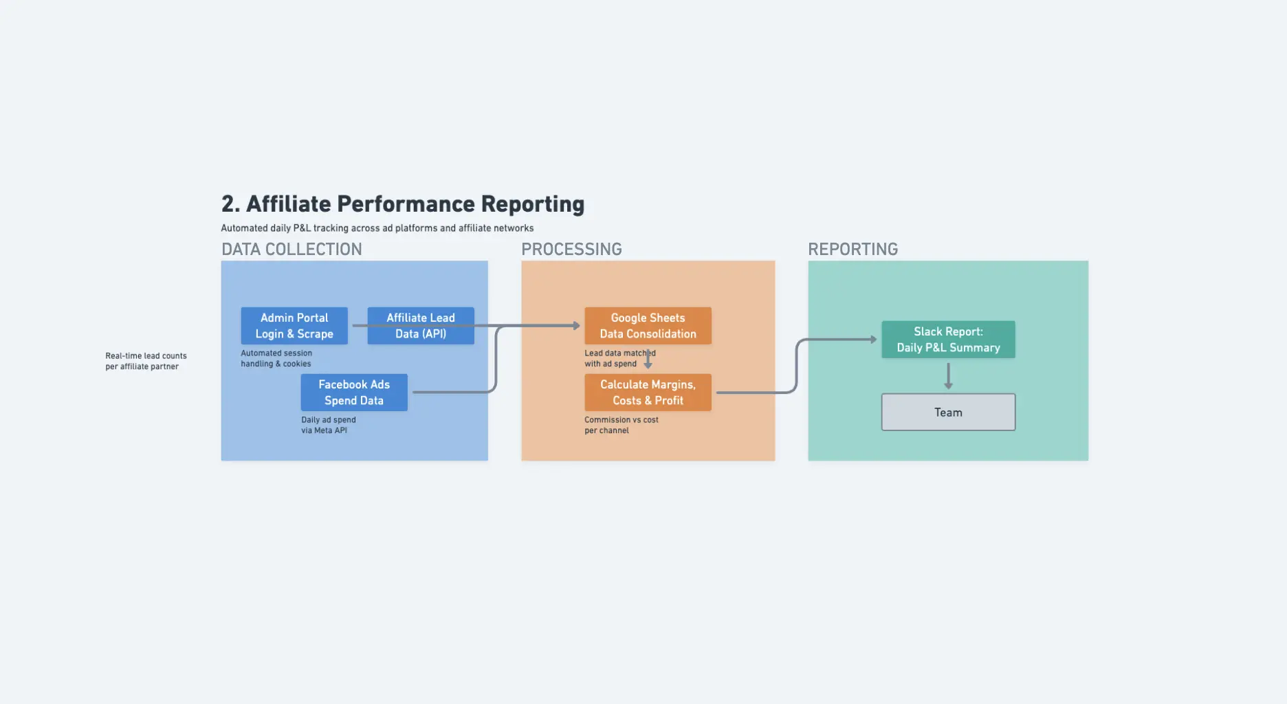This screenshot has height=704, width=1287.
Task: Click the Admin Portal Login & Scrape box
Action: pyautogui.click(x=294, y=326)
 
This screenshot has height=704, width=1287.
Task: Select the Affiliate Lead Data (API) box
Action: pyautogui.click(x=421, y=326)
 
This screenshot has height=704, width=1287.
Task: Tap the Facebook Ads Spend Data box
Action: pyautogui.click(x=354, y=393)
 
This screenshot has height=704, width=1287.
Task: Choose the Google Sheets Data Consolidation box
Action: pyautogui.click(x=648, y=326)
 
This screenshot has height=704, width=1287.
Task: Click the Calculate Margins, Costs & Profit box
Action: pyautogui.click(x=648, y=393)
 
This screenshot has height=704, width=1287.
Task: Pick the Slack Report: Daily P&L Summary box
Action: pyautogui.click(x=948, y=340)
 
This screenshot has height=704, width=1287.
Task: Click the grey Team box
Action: pyautogui.click(x=948, y=412)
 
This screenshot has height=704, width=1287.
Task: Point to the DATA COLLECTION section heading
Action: pyautogui.click(x=291, y=249)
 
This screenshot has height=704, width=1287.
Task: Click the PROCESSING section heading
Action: pyautogui.click(x=571, y=249)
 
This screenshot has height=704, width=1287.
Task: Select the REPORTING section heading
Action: pyautogui.click(x=852, y=249)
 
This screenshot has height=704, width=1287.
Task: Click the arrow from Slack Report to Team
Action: pyautogui.click(x=948, y=375)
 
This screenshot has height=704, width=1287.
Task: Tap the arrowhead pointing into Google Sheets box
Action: pyautogui.click(x=577, y=326)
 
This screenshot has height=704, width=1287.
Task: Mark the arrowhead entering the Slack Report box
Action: pyautogui.click(x=874, y=340)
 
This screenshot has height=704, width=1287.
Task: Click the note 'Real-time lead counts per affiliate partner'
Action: pyautogui.click(x=146, y=361)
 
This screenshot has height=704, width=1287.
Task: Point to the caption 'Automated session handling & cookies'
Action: pyautogui.click(x=276, y=358)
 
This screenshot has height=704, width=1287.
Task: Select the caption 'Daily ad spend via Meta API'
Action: pyautogui.click(x=329, y=425)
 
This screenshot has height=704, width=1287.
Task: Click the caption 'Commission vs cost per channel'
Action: pyautogui.click(x=621, y=425)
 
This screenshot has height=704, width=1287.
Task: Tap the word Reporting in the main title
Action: pyautogui.click(x=533, y=204)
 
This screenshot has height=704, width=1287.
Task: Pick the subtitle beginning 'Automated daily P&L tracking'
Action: pyautogui.click(x=377, y=228)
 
